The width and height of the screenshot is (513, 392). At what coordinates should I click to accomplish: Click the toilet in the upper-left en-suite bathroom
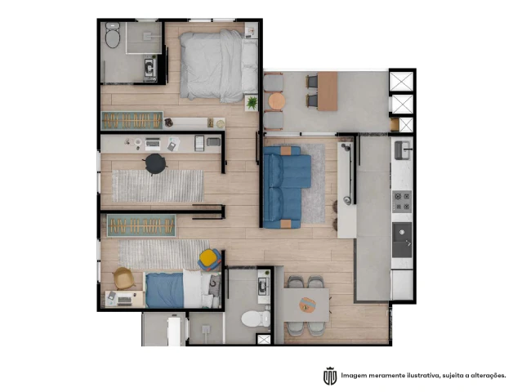[113, 34]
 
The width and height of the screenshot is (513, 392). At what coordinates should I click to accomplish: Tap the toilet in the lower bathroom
[256, 318]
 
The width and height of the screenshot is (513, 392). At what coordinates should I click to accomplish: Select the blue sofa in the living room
[287, 187]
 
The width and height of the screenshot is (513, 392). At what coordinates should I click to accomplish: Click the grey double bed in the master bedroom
[219, 65]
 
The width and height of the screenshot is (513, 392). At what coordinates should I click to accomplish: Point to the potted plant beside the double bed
[252, 103]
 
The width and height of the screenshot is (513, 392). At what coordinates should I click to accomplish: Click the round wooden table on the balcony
[277, 101]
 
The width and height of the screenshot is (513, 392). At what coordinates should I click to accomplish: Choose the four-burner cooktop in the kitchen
[402, 202]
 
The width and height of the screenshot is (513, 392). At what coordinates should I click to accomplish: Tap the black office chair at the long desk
[155, 163]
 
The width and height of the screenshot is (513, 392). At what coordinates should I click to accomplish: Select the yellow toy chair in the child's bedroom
[209, 260]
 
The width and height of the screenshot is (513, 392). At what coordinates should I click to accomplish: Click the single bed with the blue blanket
[183, 289]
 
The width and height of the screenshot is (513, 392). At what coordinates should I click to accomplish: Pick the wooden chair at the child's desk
[123, 278]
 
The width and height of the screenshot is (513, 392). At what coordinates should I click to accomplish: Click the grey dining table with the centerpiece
[306, 305]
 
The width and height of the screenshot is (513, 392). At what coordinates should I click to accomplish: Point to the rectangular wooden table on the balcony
[328, 91]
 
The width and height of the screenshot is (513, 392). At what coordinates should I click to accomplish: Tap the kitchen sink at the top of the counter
[403, 150]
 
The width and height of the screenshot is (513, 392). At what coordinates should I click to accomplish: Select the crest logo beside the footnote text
[330, 376]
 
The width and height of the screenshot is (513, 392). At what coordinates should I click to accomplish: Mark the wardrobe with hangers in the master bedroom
[132, 121]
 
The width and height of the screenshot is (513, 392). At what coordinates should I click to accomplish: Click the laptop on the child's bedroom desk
[125, 299]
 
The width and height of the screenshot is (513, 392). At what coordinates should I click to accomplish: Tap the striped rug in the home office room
[158, 185]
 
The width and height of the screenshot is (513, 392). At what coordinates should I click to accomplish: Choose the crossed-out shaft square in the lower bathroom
[264, 339]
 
